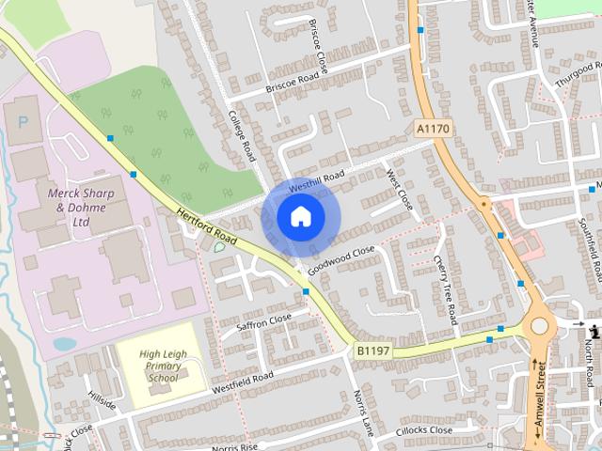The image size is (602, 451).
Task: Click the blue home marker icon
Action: coord(300,217)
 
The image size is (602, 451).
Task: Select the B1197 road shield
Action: coord(373,351)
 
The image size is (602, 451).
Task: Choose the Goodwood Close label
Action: coord(341,259)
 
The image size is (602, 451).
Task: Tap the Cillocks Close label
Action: coord(423,431)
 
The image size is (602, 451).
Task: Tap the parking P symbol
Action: coord(23,123)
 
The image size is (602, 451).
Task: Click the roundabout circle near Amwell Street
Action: coord(539,327)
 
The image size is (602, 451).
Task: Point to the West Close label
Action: coord(399,189)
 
